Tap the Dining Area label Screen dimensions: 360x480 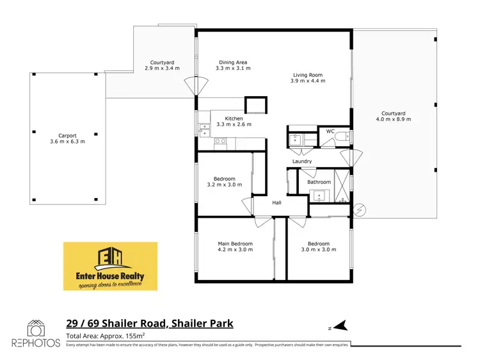pos(231,62)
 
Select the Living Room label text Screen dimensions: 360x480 pos(307,75)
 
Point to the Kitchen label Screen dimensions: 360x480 pos(234,119)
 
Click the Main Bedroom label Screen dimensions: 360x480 pos(236,243)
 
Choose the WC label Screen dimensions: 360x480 pos(330,131)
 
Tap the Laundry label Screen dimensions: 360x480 pos(302,161)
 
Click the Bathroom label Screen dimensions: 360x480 pos(319,182)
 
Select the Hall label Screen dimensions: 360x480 pos(276,202)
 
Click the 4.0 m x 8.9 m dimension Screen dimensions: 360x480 pos(394,120)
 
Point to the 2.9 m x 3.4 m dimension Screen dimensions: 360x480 pos(162,68)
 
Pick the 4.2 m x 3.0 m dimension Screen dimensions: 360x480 pos(236,250)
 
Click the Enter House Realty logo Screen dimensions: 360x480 pos(110,266)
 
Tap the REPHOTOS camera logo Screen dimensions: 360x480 pos(35,329)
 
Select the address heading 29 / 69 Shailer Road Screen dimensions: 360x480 pos(150,323)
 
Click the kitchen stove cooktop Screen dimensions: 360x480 pos(221,141)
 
